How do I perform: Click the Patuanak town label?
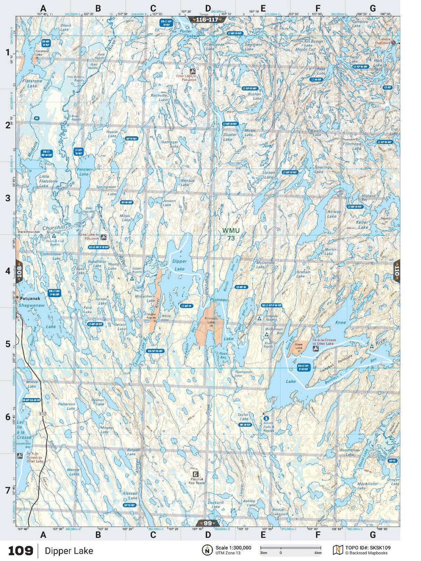30,298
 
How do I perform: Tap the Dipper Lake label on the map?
180,265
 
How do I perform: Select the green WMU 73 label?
231,234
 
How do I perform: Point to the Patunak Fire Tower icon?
196,474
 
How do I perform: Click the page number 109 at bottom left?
20,551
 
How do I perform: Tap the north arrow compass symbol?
207,550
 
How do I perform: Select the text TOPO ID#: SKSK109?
368,548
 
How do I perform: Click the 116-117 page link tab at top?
207,20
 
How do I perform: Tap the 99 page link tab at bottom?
207,523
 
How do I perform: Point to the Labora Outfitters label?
384,41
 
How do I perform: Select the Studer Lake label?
230,137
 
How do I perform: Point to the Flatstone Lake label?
32,83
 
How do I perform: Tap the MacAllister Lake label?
367,486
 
